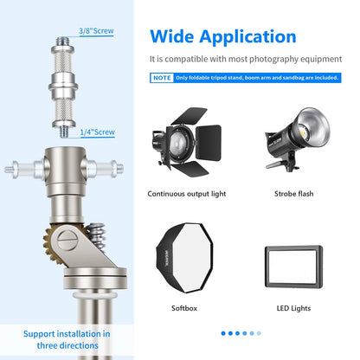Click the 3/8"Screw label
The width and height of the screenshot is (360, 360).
coord(96,31)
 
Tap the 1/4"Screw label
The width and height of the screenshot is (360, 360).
coord(97,132)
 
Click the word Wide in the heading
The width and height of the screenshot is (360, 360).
coord(172,36)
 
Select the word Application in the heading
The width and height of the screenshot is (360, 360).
coord(247,37)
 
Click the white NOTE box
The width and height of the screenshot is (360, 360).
coord(162,78)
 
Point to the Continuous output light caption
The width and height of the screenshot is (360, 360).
coord(187,194)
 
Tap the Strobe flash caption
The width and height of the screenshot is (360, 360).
coord(293,194)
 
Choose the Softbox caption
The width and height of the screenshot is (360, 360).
coord(184,308)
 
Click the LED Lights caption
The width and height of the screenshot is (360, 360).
coord(293,308)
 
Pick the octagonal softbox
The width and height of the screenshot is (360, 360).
coord(184,258)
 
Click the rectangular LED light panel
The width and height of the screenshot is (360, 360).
coord(293,267)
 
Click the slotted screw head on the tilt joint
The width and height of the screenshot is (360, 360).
coord(67,240)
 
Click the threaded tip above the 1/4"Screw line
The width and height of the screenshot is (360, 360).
coord(64,132)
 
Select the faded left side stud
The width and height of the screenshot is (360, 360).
coord(24,169)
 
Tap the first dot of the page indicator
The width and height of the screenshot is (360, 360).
coord(223,333)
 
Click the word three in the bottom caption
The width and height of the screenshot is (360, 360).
coord(48,345)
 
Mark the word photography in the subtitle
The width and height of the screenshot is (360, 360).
coord(273,60)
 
